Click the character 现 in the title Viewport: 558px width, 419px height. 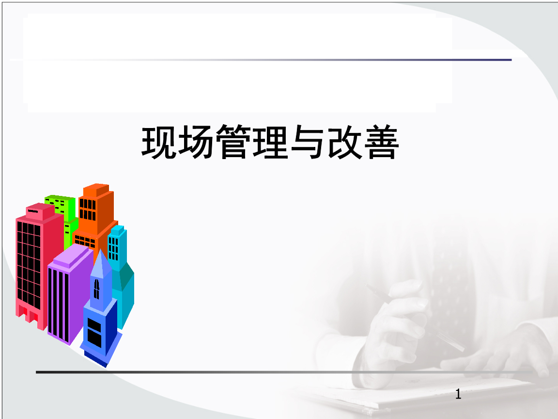pos(159,143)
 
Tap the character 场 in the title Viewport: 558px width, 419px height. pos(196,143)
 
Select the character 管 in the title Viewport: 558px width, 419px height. pos(233,143)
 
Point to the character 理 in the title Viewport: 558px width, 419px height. pos(270,143)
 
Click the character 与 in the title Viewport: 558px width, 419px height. pos(307,143)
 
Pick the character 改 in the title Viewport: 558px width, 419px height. pos(343,143)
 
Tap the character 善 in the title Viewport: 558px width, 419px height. pos(381,143)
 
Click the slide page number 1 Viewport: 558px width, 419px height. pos(458,394)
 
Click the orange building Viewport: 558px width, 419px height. pos(97,209)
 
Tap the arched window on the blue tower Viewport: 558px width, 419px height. pos(96,289)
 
